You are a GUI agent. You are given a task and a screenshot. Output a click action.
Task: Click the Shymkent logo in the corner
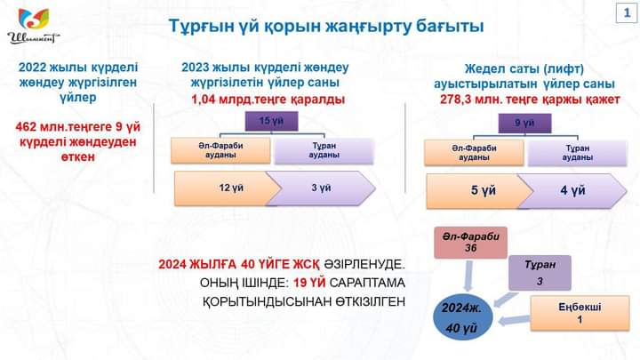tap(34, 26)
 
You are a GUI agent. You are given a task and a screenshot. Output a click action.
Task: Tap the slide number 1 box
tap(627, 12)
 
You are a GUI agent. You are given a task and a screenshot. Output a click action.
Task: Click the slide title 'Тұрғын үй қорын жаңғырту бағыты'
tap(326, 26)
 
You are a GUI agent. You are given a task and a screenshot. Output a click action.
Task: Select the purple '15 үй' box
tap(271, 121)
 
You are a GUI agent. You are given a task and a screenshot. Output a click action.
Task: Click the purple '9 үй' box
tap(525, 124)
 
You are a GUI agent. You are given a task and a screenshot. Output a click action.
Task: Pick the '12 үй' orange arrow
tap(228, 188)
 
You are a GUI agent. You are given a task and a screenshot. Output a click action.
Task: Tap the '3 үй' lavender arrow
tap(321, 188)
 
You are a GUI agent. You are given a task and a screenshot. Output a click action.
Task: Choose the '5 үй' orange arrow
tap(480, 191)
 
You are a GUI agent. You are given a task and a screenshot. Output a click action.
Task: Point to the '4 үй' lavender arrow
tap(572, 191)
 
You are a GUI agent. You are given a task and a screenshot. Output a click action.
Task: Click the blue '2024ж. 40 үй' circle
tap(462, 317)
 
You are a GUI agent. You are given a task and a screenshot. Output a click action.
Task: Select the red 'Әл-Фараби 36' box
tap(470, 243)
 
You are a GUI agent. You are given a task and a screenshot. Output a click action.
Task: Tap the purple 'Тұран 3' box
tap(540, 273)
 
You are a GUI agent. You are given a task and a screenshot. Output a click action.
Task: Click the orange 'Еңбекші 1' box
tap(580, 313)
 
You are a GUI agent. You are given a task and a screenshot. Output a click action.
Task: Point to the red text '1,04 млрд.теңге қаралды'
tap(268, 100)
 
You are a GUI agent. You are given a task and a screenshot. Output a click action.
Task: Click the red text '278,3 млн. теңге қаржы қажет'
tap(530, 100)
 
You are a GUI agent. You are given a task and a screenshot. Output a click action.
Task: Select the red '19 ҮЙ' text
tap(309, 283)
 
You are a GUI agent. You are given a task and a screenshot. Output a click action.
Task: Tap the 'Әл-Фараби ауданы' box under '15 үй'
tap(220, 150)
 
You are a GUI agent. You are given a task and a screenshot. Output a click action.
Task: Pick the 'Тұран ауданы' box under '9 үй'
tap(577, 153)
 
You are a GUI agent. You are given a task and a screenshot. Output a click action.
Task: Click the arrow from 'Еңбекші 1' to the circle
tap(514, 320)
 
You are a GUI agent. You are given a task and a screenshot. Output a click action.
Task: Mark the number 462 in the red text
tap(26, 127)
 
